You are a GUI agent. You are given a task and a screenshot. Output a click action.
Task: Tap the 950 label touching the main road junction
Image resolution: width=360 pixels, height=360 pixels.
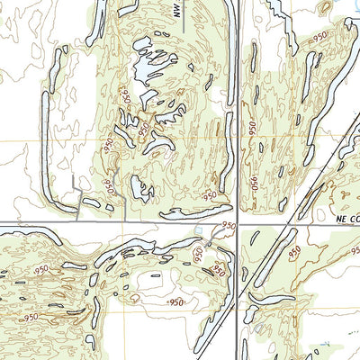(x=228, y=226)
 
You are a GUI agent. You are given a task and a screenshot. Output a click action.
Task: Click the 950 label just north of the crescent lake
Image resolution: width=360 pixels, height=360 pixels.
(x=211, y=195)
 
